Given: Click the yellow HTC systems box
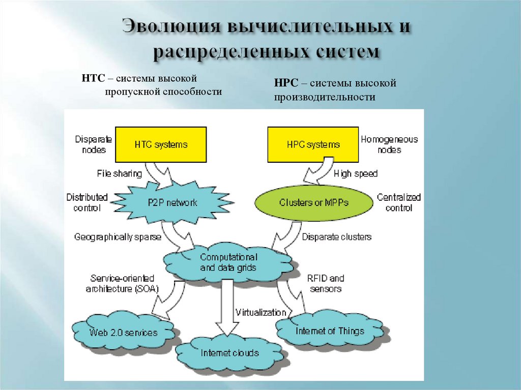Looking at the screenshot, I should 161,144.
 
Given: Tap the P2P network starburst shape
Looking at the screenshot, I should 172,202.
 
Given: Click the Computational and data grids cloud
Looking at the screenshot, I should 228,262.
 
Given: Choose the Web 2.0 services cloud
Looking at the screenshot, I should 124,333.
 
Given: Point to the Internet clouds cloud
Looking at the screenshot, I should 229,353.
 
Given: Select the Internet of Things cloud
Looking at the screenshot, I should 330,331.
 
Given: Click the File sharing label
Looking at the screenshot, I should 120,174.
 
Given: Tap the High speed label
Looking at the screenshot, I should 356,174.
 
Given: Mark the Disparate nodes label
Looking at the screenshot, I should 91,144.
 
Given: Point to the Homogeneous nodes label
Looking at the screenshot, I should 389,144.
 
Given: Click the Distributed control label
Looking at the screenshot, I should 87,202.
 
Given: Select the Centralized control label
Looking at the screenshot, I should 399,202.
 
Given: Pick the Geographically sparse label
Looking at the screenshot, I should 118,237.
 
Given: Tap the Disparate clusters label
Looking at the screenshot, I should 337,237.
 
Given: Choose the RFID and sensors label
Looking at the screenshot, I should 325,283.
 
